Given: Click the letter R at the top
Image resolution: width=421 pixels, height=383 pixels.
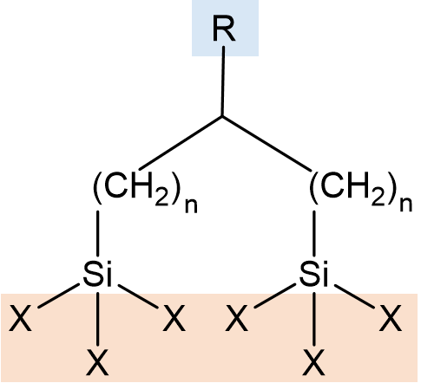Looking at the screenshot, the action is [224, 29].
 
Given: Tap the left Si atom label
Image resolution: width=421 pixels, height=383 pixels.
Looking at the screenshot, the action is [97, 273].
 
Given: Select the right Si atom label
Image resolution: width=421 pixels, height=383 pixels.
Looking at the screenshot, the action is [314, 273].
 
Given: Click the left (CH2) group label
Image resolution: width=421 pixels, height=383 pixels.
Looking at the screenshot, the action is [137, 188].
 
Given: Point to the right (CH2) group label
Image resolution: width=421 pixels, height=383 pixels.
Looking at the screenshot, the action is [353, 188].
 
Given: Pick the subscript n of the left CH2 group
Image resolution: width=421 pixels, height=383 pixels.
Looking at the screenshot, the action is [191, 205].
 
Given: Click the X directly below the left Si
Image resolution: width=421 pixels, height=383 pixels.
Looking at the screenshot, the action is [97, 362].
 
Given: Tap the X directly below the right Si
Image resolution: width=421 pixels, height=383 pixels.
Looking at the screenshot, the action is [314, 362].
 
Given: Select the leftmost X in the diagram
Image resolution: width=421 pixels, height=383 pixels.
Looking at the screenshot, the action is [20, 318].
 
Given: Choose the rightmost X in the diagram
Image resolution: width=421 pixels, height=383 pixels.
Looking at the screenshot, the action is [391, 318].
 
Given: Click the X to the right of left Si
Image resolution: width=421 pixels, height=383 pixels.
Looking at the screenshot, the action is [174, 318].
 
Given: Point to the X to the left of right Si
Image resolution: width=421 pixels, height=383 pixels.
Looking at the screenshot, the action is [237, 318].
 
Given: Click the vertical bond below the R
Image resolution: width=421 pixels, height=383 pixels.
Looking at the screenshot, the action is [223, 81].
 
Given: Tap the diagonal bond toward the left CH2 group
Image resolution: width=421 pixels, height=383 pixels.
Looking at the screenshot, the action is [181, 143].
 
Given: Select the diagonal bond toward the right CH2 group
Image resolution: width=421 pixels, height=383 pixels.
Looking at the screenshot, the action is [266, 143].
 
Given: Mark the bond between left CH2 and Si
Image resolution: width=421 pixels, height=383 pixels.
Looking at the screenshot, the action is [97, 233].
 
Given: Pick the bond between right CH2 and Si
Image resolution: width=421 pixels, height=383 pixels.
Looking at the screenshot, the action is [314, 233].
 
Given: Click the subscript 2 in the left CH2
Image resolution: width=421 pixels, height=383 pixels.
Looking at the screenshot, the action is [161, 198].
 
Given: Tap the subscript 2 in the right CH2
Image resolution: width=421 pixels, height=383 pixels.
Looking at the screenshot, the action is [378, 198].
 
